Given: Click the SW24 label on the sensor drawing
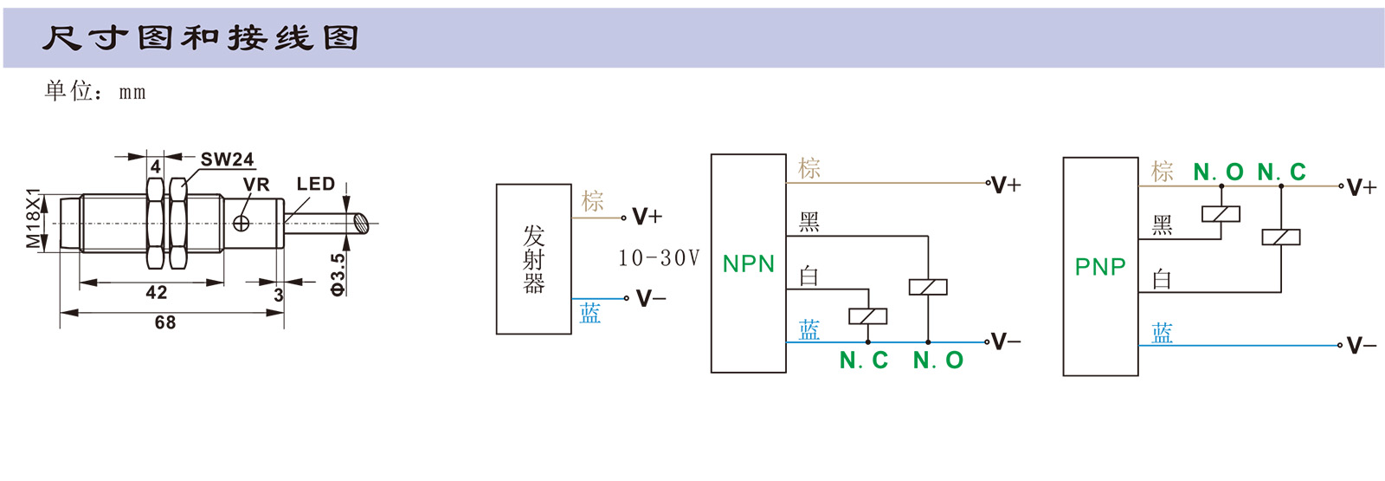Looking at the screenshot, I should pos(227,159).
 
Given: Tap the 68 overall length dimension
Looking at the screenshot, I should pos(165,322).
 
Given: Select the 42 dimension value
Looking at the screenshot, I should pos(157,292).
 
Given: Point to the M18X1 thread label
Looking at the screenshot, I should pos(33,218).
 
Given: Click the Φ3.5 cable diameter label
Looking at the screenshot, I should pos(338,274).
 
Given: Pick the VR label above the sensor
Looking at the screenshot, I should pos(256,185).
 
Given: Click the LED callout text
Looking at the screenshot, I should pos(315,184).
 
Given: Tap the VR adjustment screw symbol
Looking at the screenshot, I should pos(242,223).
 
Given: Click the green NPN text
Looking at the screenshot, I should pos(749,264).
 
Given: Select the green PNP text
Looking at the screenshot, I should pos(1100,267).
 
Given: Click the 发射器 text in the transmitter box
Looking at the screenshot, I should pos(534,259).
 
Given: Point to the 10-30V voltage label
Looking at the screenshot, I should pos(659,258).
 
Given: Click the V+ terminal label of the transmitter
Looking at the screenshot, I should pos(647,217).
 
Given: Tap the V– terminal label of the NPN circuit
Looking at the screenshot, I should pos(1005,341).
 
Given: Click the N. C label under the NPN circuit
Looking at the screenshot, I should pos(864,361).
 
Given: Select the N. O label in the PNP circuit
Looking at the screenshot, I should pos(1218,172).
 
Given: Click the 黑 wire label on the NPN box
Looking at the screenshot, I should pos(809,223).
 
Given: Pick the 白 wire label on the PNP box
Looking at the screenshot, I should pos(1162,279).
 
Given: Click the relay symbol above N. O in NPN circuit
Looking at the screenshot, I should pos(928,287).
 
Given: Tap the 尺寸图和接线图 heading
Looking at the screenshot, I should pos(200,38).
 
